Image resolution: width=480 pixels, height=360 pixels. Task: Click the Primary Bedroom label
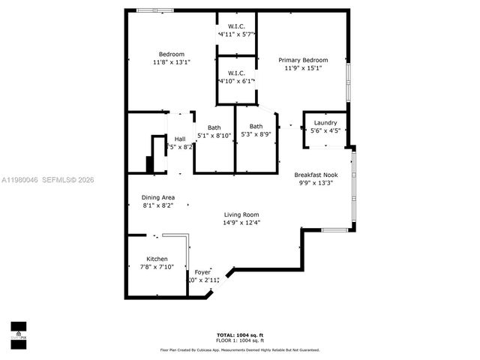click(x=303, y=60)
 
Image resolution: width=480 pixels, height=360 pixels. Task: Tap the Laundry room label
click(x=325, y=122)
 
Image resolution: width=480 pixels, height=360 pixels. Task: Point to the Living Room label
click(x=241, y=214)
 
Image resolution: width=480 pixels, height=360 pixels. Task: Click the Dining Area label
click(x=158, y=197)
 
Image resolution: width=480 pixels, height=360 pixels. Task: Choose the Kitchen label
click(x=157, y=259)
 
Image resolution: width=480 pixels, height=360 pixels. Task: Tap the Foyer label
click(x=202, y=271)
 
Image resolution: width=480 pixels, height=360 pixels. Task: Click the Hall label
click(x=180, y=139)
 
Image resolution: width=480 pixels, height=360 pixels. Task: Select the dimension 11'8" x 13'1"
click(x=172, y=62)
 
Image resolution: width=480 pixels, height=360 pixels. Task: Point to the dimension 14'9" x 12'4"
click(x=241, y=223)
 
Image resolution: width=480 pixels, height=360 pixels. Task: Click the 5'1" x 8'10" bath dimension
click(x=214, y=136)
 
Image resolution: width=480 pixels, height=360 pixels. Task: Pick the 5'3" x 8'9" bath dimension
click(x=256, y=135)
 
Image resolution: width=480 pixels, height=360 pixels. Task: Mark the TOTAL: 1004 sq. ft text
click(x=240, y=334)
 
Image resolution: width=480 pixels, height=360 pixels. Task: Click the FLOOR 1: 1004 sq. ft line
click(x=240, y=340)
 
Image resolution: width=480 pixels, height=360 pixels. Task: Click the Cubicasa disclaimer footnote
click(x=240, y=349)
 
